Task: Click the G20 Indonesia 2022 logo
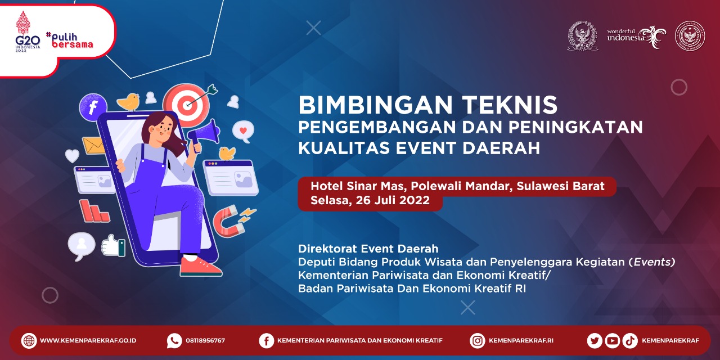point(28,31)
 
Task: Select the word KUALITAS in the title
point(343,148)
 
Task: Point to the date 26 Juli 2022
point(393,200)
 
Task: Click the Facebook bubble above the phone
point(93,107)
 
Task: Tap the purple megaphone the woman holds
point(204,132)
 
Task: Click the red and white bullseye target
point(186,105)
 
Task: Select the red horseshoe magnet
point(229,222)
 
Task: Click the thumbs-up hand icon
point(113,246)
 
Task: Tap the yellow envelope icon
point(93,146)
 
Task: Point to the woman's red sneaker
point(200,267)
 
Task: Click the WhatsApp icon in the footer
point(174,341)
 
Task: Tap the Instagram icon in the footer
point(478,341)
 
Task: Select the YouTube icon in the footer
point(613,341)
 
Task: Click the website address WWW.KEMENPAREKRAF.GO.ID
point(88,341)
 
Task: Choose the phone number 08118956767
point(205,341)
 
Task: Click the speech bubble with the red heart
point(243,132)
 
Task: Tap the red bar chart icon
point(94,211)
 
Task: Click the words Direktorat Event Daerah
point(368,249)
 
